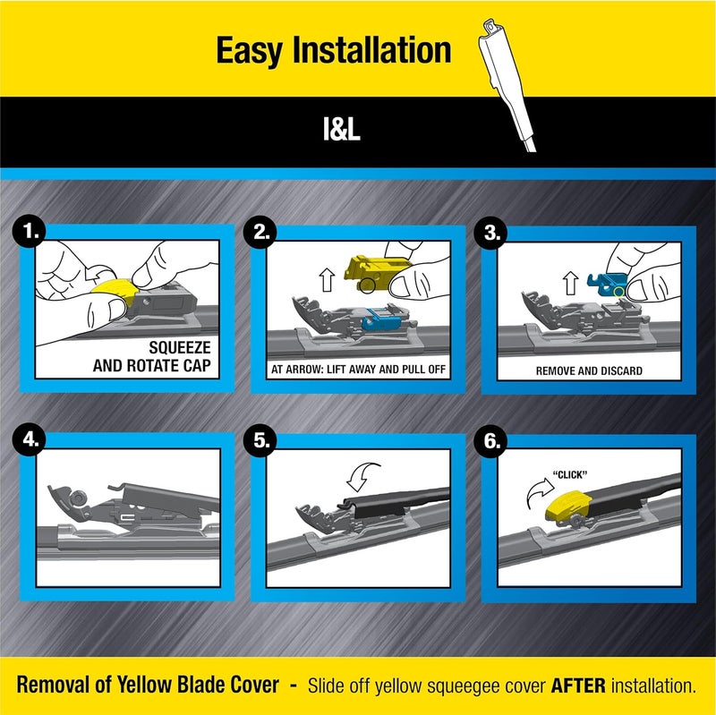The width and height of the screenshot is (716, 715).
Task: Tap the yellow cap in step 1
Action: point(113,288)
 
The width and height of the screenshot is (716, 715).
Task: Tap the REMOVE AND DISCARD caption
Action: point(589,370)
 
